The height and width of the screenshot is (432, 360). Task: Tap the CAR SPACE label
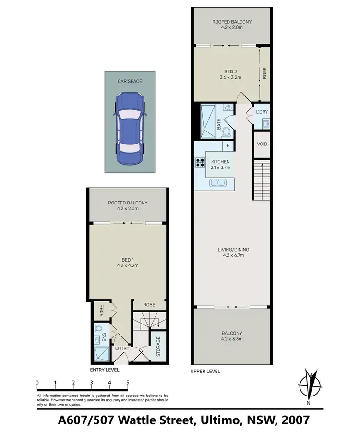(x=130, y=82)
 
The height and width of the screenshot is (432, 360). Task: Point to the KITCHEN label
(x=220, y=162)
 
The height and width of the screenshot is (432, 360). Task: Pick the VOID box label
(x=262, y=144)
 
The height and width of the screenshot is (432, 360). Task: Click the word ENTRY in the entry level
(x=122, y=348)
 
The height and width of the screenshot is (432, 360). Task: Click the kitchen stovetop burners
(x=200, y=163)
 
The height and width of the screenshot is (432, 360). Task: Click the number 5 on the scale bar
(x=128, y=383)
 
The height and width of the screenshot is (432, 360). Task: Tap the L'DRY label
(x=262, y=112)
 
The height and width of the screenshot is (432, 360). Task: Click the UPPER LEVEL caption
(x=205, y=372)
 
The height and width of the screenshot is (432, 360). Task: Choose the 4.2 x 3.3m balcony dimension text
(x=232, y=339)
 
